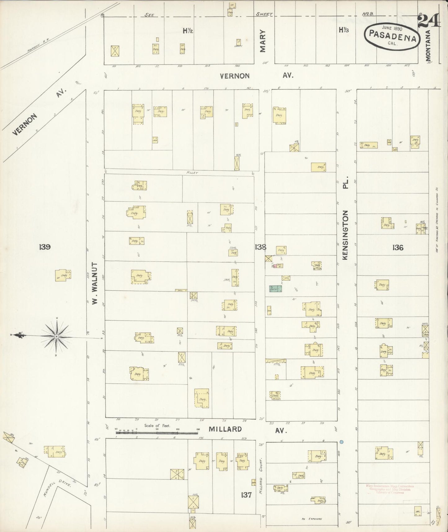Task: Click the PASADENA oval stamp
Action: pyautogui.click(x=392, y=37)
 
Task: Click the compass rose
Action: pyautogui.click(x=56, y=336)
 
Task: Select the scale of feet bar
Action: pyautogui.click(x=157, y=431)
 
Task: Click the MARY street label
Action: pyautogui.click(x=263, y=41)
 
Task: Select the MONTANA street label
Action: pyautogui.click(x=428, y=45)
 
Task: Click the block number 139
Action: pyautogui.click(x=45, y=247)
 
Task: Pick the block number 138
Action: pyautogui.click(x=260, y=247)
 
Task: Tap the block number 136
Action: pyautogui.click(x=397, y=247)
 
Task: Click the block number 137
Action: pyautogui.click(x=246, y=495)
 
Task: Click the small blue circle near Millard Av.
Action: pyautogui.click(x=342, y=441)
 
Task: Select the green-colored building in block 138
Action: pyautogui.click(x=275, y=289)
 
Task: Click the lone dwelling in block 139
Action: pyautogui.click(x=63, y=275)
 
